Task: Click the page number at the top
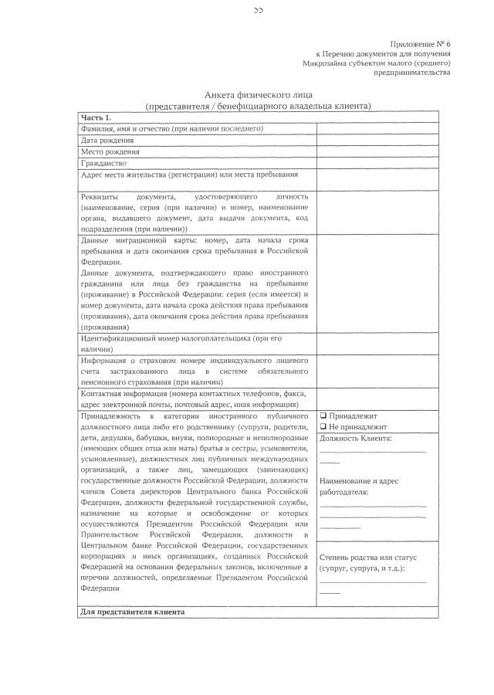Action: pyautogui.click(x=258, y=10)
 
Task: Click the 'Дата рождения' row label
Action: pyautogui.click(x=107, y=141)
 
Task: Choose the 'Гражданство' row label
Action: pyautogui.click(x=104, y=164)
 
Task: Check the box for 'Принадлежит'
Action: pyautogui.click(x=323, y=415)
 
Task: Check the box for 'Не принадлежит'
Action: pyautogui.click(x=323, y=427)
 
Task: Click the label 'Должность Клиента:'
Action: pyautogui.click(x=355, y=439)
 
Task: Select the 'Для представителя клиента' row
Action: pyautogui.click(x=132, y=612)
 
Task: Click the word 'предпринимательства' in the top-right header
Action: pyautogui.click(x=412, y=73)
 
